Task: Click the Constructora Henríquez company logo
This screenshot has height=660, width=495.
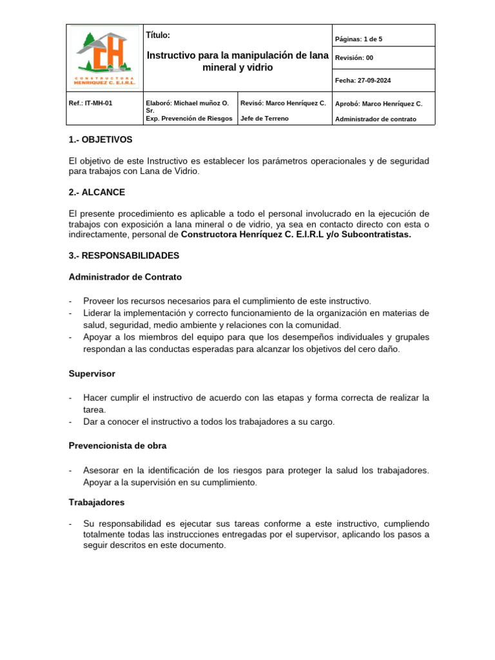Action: [x=104, y=57]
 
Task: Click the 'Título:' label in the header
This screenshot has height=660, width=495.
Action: [x=158, y=35]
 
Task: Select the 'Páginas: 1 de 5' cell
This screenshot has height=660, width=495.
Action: [x=358, y=39]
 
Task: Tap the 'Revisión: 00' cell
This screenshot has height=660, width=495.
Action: [x=354, y=58]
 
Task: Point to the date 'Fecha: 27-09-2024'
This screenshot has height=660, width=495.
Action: [x=362, y=81]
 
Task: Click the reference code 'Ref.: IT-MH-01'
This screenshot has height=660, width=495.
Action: [x=90, y=103]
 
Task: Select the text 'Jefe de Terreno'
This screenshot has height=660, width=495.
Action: [x=264, y=119]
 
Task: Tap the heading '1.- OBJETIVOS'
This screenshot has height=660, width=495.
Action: [x=101, y=139]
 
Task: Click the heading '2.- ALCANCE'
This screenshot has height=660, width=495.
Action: [x=97, y=192]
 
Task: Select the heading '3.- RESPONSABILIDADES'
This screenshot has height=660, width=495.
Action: [x=124, y=255]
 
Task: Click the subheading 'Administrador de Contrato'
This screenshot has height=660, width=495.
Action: [x=125, y=277]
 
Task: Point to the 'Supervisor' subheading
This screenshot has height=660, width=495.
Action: [x=92, y=373]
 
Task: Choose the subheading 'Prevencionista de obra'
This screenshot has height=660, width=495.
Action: [x=117, y=445]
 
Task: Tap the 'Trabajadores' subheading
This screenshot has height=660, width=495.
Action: [x=97, y=501]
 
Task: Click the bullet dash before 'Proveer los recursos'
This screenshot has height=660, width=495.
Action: [x=70, y=301]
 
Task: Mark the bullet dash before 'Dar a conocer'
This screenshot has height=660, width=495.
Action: [x=70, y=422]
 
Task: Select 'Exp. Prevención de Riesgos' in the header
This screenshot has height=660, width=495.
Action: [x=189, y=119]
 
